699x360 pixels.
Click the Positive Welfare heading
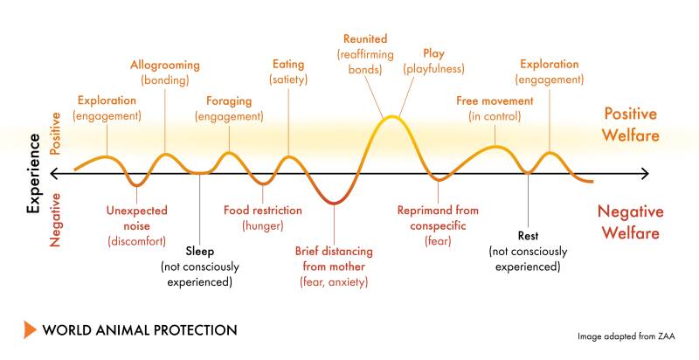point(630,124)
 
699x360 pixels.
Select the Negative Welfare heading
point(630,222)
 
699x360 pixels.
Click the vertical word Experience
point(33,173)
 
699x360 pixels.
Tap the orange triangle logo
point(30,329)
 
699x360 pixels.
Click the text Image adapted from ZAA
point(626,336)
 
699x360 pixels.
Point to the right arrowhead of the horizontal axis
point(646,174)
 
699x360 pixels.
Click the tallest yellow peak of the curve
point(391,117)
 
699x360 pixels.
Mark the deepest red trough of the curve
point(334,204)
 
